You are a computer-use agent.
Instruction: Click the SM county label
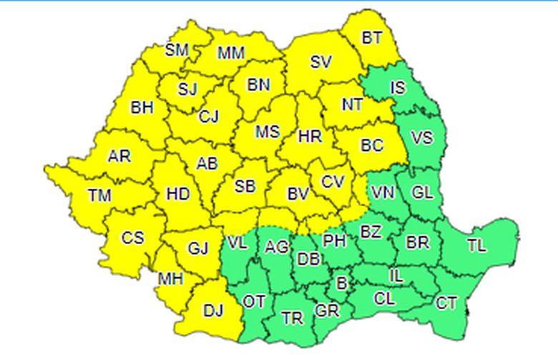tap(176, 50)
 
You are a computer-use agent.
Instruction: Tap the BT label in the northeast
tap(372, 38)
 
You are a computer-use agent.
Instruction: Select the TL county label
tap(476, 245)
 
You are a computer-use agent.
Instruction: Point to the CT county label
tap(446, 303)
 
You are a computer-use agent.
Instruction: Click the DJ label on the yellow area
tap(213, 311)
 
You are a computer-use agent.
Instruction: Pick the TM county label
tap(100, 194)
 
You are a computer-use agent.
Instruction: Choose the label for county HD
tap(177, 194)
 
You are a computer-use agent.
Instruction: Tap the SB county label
tap(245, 187)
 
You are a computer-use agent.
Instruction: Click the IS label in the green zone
tap(398, 88)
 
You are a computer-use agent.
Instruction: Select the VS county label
tap(422, 137)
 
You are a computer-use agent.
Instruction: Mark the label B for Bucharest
tap(342, 283)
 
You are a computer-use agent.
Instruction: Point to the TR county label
tap(292, 318)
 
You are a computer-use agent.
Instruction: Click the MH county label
tap(171, 279)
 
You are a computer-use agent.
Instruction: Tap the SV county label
tap(320, 62)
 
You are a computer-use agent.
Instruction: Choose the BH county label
tap(142, 107)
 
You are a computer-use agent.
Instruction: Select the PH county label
tap(334, 240)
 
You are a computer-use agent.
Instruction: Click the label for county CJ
tap(209, 117)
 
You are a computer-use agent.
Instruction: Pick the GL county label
tap(423, 193)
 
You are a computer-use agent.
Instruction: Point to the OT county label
tap(254, 301)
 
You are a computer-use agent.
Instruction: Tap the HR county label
tap(310, 136)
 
